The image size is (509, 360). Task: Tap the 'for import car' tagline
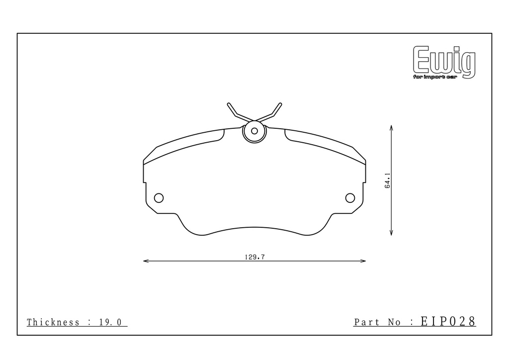tap(434, 77)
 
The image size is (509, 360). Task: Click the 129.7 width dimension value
tap(255, 257)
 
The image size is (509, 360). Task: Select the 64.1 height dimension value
tap(388, 181)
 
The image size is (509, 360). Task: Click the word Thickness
tap(53, 322)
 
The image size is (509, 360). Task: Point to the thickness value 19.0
tap(110, 322)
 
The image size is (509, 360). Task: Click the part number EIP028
tap(448, 321)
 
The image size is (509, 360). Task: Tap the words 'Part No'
tap(377, 322)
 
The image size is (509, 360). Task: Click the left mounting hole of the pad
tap(159, 198)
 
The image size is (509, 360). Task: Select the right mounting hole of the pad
tap(350, 198)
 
